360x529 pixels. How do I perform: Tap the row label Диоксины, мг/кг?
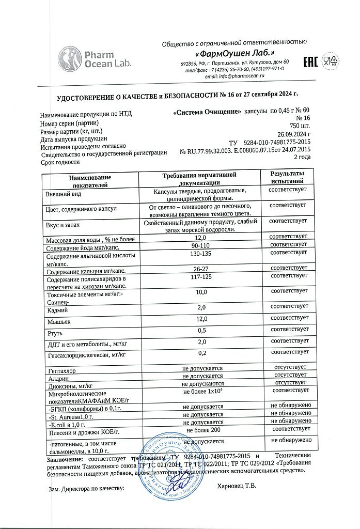70,385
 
